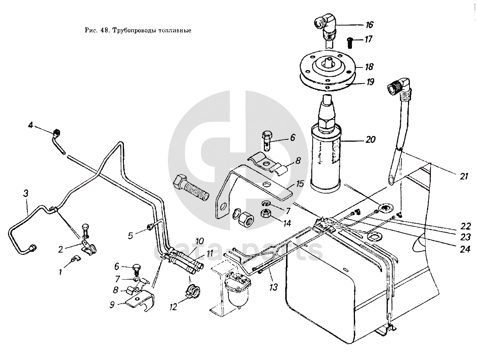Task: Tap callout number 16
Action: tap(369, 25)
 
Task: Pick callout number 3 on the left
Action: tap(26, 194)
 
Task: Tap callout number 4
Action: tap(31, 125)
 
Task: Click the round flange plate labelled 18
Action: tap(328, 67)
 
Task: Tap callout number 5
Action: tap(131, 236)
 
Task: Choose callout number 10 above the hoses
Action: tap(200, 242)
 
